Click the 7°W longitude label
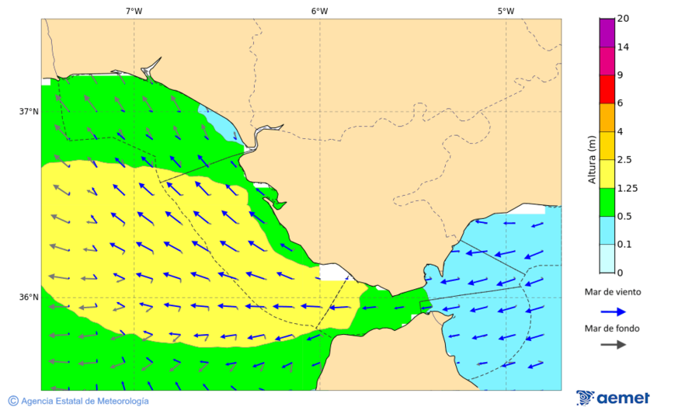click(x=134, y=11)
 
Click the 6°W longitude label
click(x=319, y=11)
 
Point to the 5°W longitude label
click(x=506, y=11)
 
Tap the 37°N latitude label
click(x=29, y=111)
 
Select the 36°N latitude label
click(x=29, y=297)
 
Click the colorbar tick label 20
click(x=623, y=19)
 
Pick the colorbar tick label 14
click(x=623, y=47)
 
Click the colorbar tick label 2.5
click(x=624, y=160)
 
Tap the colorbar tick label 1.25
click(x=627, y=188)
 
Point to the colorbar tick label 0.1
click(x=624, y=245)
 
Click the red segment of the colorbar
click(x=607, y=89)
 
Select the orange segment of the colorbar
click(x=607, y=117)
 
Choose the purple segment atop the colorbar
click(x=607, y=32)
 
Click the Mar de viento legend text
click(x=613, y=292)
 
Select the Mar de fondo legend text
click(x=613, y=328)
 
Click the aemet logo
click(x=613, y=398)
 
